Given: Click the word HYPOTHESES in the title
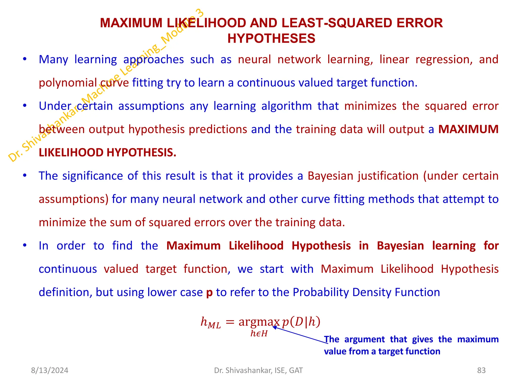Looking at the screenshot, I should click(x=271, y=39).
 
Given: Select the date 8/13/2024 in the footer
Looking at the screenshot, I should click(x=49, y=370).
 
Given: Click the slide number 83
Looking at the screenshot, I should click(x=481, y=370).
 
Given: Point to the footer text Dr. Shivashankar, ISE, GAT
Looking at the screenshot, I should click(x=258, y=370).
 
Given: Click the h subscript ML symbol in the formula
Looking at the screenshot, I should click(x=211, y=323).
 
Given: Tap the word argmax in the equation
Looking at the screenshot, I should click(x=259, y=322).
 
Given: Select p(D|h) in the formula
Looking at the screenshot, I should click(x=301, y=322).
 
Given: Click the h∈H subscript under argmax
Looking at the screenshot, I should click(x=259, y=334).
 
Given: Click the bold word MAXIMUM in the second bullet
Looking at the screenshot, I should click(x=468, y=129).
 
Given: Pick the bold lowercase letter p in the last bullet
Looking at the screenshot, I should click(x=209, y=293).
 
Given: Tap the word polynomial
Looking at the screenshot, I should click(x=68, y=83).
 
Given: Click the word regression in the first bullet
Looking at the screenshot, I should click(x=444, y=60).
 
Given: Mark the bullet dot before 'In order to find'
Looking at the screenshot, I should click(x=24, y=246).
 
